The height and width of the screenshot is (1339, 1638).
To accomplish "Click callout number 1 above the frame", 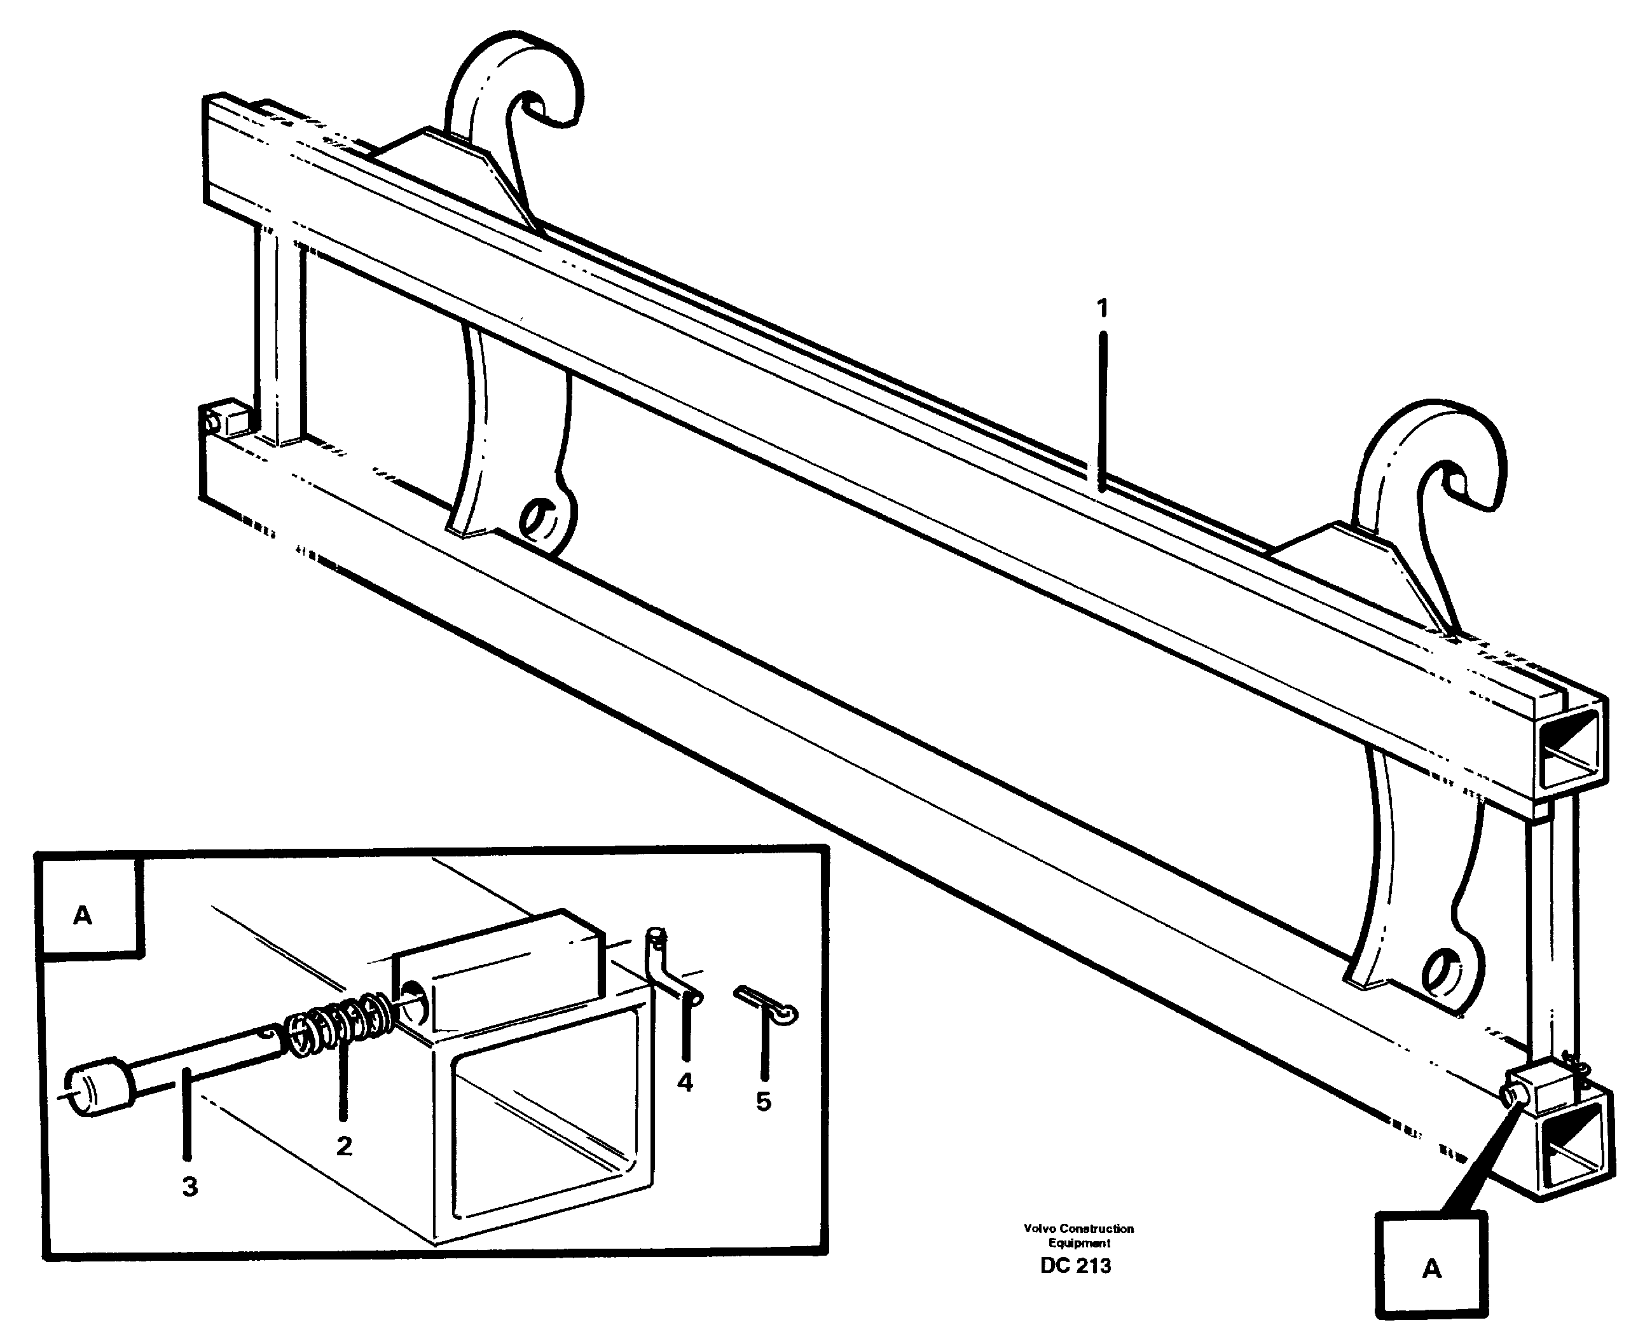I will pos(1102,308).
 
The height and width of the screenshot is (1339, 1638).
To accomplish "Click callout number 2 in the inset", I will pos(344,1146).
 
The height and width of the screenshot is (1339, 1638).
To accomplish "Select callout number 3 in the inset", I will pos(189,1186).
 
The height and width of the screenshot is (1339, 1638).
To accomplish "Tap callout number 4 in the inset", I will pos(685,1082).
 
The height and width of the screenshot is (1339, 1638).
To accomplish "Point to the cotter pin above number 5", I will pos(767,1006).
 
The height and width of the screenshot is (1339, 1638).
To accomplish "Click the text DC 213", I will pos(1075,1266).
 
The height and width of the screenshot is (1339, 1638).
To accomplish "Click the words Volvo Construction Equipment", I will pos(1078,1235).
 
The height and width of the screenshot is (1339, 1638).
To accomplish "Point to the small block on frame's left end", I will pos(229,419).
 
